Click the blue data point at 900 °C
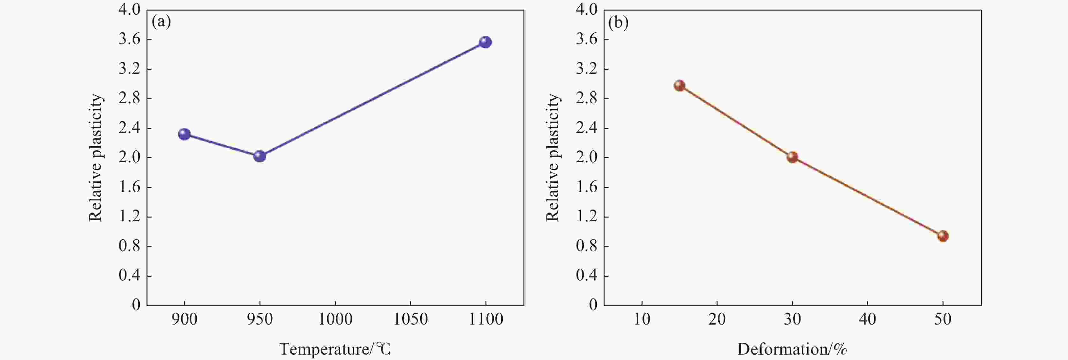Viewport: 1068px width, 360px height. click(x=184, y=134)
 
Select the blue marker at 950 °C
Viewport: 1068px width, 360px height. click(x=259, y=156)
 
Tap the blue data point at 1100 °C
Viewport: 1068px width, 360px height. click(x=485, y=42)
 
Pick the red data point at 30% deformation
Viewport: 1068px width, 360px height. click(x=792, y=157)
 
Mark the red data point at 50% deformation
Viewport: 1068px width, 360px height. click(x=943, y=236)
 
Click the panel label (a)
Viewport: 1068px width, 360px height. click(x=161, y=22)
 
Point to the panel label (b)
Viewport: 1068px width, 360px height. click(x=618, y=22)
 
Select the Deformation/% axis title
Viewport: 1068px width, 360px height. click(x=792, y=349)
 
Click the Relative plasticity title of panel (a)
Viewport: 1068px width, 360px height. click(x=96, y=157)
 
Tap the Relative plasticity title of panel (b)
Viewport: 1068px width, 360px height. click(x=553, y=157)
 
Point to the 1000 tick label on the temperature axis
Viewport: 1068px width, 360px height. click(x=335, y=319)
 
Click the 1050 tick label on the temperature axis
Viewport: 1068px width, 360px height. click(x=410, y=319)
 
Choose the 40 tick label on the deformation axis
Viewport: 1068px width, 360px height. click(x=867, y=319)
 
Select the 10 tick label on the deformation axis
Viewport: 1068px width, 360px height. click(x=642, y=319)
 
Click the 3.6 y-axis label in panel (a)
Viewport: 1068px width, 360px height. click(x=129, y=39)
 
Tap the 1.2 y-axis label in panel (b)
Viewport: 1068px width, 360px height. click(x=587, y=217)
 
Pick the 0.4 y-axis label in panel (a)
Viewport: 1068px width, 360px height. click(x=129, y=276)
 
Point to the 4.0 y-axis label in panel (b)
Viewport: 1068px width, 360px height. click(x=587, y=10)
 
